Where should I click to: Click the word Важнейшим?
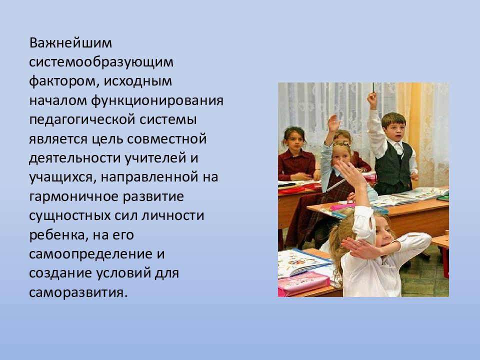70,43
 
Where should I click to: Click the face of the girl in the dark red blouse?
294,140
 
